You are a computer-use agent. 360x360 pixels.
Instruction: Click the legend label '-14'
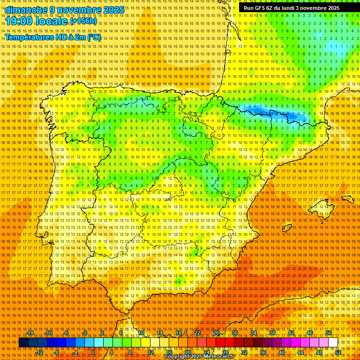coord(30,333)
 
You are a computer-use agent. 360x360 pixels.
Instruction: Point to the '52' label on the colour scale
coord(337,352)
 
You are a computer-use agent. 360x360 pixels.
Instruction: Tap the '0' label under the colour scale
coord(93,352)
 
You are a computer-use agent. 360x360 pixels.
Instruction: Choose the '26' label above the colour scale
coord(216,333)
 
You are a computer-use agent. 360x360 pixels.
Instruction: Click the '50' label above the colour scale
coord(329,333)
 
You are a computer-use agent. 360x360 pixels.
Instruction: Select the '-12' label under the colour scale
coord(39,352)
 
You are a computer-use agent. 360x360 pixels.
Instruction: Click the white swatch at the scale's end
coord(333,343)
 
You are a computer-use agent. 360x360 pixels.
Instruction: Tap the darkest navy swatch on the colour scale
coord(23,343)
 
